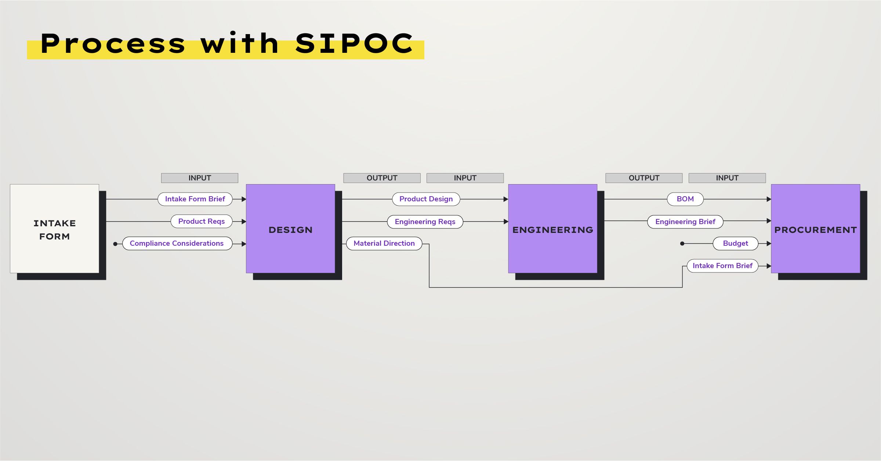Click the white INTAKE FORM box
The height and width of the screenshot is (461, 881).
54,229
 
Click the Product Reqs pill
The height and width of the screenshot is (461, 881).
202,222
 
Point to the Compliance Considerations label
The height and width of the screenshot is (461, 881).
177,244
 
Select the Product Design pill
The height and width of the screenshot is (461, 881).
426,199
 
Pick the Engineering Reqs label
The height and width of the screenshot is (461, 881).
425,222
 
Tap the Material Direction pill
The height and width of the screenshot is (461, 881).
384,244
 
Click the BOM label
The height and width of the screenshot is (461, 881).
685,199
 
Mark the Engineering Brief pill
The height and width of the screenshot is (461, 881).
685,222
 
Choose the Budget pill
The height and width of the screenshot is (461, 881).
735,244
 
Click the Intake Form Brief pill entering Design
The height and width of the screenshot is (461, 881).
195,199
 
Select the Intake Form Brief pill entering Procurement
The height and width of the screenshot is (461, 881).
722,266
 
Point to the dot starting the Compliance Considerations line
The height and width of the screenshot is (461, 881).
115,244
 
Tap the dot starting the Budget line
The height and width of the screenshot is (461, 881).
682,244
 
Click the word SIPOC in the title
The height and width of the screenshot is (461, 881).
354,44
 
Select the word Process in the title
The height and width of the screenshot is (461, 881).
113,44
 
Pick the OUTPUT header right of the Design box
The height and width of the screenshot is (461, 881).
382,178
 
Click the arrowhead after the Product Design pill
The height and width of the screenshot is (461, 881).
506,199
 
